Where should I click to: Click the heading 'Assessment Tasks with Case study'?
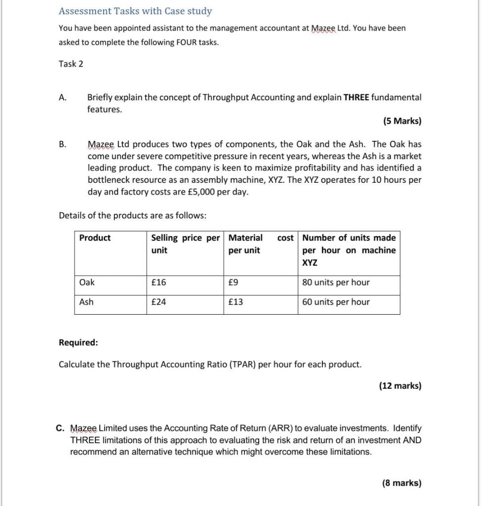[x=135, y=11]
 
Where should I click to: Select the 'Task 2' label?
[x=71, y=64]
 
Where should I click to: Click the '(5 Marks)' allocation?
[x=402, y=122]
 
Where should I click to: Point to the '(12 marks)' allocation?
[x=400, y=386]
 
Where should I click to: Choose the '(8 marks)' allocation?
[x=401, y=483]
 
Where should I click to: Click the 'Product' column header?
[x=95, y=238]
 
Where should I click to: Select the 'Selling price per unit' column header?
[x=185, y=244]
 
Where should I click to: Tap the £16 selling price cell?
[x=159, y=283]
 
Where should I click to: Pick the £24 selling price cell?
[x=159, y=302]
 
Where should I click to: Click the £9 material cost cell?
[x=233, y=283]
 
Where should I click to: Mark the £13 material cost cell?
[x=236, y=302]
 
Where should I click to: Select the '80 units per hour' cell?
[x=336, y=283]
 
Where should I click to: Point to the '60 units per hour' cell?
[x=336, y=302]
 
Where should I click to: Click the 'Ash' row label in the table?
[x=86, y=302]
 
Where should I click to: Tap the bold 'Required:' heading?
[x=78, y=342]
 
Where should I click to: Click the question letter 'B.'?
[x=63, y=144]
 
